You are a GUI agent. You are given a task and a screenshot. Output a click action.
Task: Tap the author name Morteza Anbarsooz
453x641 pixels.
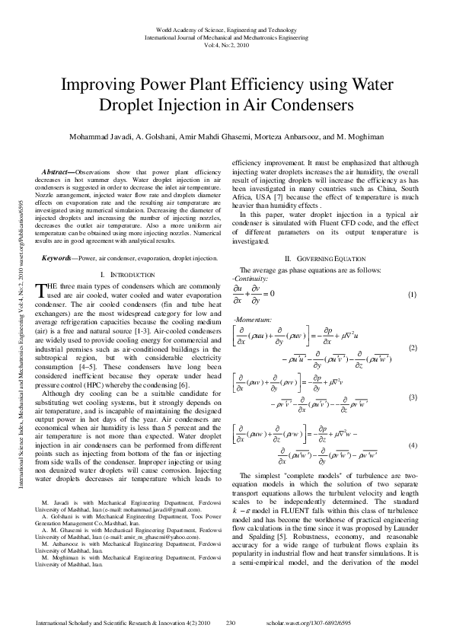pyautogui.click(x=311, y=137)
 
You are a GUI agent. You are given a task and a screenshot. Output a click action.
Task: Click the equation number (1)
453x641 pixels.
pyautogui.click(x=412, y=295)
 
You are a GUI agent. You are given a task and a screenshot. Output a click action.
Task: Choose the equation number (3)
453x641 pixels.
pyautogui.click(x=412, y=397)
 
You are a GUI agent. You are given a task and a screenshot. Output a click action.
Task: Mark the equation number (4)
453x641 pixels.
pyautogui.click(x=412, y=445)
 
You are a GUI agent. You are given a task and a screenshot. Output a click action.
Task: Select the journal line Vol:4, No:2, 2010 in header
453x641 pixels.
pyautogui.click(x=226, y=45)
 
